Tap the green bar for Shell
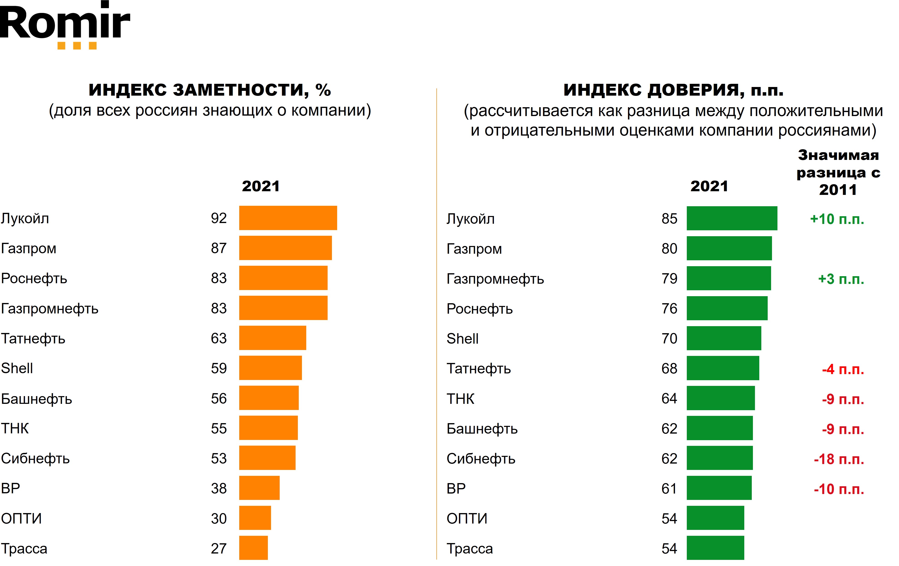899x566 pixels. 724,338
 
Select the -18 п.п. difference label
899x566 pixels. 839,459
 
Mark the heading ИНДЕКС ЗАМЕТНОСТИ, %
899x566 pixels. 210,90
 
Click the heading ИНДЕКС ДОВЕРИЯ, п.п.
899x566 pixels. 673,90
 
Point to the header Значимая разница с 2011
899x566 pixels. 838,172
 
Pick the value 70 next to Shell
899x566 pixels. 669,338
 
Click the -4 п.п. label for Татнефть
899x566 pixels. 843,369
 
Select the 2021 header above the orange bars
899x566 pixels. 261,186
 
